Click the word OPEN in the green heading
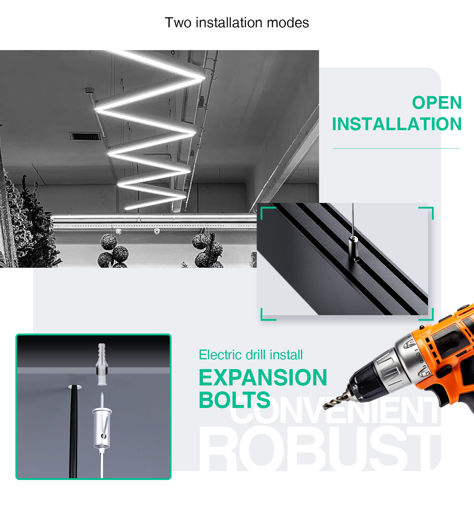pyautogui.click(x=437, y=103)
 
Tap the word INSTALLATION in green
pyautogui.click(x=397, y=124)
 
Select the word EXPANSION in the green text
pyautogui.click(x=263, y=377)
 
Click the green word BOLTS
pyautogui.click(x=235, y=400)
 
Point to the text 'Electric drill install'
pyautogui.click(x=251, y=355)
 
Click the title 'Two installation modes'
pyautogui.click(x=237, y=23)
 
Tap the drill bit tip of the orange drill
pyautogui.click(x=324, y=409)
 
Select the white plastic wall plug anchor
pyautogui.click(x=102, y=364)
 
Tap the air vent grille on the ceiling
pyautogui.click(x=86, y=136)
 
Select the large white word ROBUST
pyautogui.click(x=320, y=448)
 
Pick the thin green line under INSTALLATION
pyautogui.click(x=396, y=148)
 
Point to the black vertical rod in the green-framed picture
pyautogui.click(x=73, y=431)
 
